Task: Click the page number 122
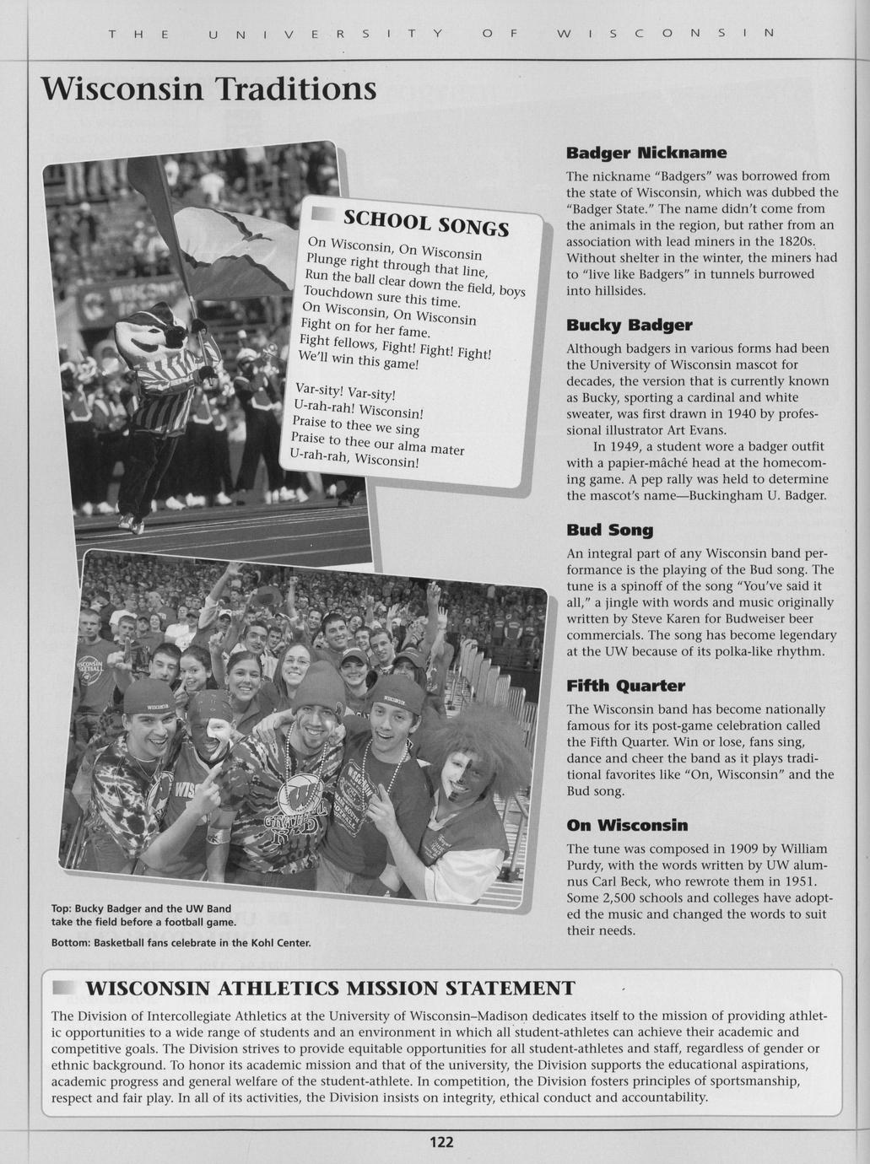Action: pos(442,1142)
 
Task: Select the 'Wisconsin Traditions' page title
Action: pos(208,89)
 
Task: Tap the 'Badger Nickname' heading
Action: pos(646,153)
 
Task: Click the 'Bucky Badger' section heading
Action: pos(629,326)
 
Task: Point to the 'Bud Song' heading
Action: pos(609,531)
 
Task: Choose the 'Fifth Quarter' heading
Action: pos(625,686)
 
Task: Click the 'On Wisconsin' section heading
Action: pos(627,825)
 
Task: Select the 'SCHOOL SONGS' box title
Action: pos(426,224)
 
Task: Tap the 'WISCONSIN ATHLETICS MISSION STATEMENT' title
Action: pos(330,988)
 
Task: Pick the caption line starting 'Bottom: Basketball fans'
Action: pos(181,942)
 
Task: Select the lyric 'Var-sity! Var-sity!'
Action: pos(345,392)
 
